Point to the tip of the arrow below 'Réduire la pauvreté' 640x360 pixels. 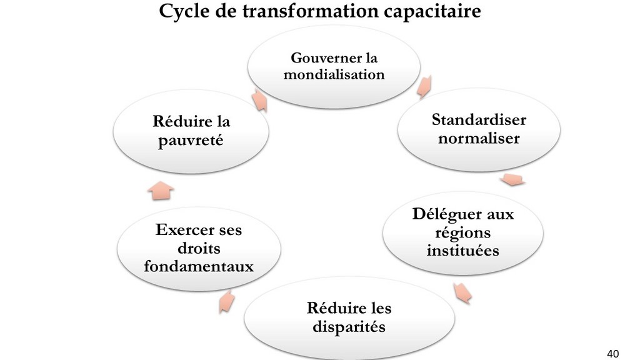tap(161, 182)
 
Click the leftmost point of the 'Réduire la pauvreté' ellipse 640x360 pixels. tap(113, 131)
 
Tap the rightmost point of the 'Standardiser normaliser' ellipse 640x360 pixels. tap(560, 130)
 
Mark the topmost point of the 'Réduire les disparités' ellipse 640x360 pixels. tap(349, 277)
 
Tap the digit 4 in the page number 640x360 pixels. tap(610, 354)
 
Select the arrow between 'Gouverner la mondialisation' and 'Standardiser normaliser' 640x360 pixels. tap(424, 86)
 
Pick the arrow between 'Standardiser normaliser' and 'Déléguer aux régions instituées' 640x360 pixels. tap(512, 179)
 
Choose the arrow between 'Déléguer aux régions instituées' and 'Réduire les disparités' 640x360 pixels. tap(462, 293)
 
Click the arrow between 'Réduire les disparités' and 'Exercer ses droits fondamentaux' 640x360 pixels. tap(226, 301)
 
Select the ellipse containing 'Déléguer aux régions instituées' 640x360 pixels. tap(463, 233)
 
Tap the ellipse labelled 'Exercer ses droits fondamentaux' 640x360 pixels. tap(199, 249)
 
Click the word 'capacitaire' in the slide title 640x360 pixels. tap(432, 11)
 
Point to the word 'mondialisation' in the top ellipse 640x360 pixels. tap(334, 75)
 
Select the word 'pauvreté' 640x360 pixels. tap(191, 141)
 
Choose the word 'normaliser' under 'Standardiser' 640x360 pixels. tap(479, 138)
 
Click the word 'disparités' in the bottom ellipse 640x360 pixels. tap(349, 327)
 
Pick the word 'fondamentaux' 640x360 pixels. tap(199, 266)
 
